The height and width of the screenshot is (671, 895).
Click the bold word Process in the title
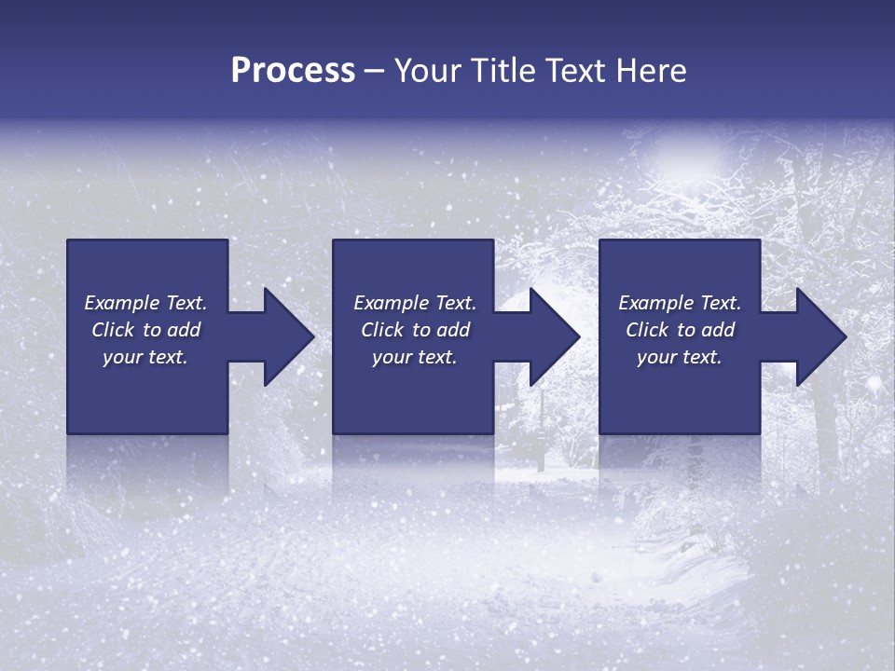[293, 71]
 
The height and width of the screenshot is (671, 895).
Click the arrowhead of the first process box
[288, 336]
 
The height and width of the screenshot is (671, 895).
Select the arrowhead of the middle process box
[554, 336]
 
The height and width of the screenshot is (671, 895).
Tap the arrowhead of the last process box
[820, 336]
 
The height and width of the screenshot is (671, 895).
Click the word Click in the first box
[114, 330]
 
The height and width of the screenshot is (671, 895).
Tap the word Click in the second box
[383, 330]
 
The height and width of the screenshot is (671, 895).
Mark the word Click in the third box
[648, 330]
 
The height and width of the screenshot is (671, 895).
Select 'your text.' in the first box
[145, 357]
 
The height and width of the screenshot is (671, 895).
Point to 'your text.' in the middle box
[414, 357]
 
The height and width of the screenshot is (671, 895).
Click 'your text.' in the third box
[679, 357]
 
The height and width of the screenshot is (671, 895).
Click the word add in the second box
[453, 330]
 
